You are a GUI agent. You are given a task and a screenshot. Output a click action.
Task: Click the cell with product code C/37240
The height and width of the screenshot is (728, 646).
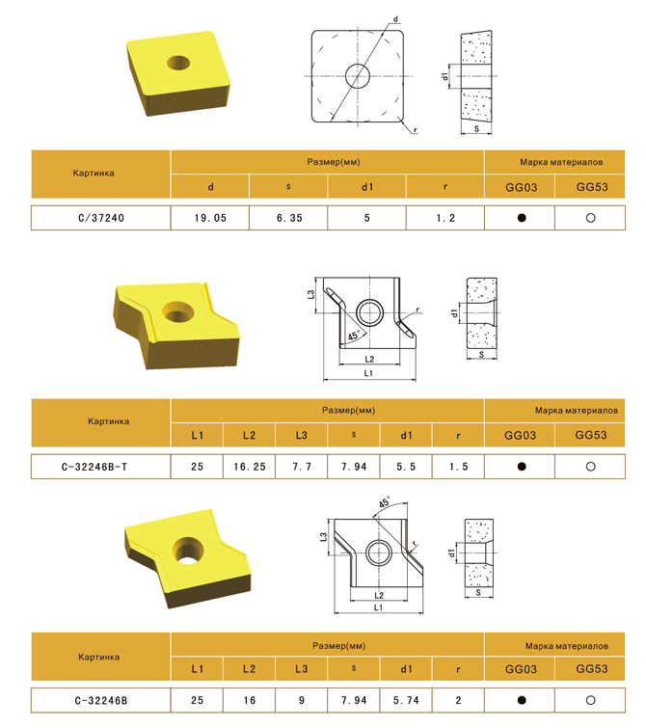(x=101, y=218)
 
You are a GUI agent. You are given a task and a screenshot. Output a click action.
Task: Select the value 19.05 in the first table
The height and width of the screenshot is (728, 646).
(x=210, y=218)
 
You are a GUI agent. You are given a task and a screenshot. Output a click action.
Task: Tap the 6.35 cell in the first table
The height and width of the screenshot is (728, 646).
(x=289, y=218)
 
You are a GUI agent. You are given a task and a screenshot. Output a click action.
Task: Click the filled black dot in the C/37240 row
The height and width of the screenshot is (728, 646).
(x=522, y=218)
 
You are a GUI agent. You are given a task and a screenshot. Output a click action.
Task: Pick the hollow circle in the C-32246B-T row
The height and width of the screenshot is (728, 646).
(x=590, y=467)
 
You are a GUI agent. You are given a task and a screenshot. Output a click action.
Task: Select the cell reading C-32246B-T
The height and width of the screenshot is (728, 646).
(x=101, y=467)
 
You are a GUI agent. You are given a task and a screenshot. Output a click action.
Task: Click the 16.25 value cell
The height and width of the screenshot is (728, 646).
(x=250, y=467)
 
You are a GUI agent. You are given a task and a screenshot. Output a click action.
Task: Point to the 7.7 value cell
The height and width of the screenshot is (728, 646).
(x=302, y=467)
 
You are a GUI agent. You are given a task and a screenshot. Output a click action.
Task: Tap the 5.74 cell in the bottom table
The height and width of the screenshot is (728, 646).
(x=406, y=700)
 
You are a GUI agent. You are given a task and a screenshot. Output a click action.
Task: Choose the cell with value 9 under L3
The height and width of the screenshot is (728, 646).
(x=302, y=700)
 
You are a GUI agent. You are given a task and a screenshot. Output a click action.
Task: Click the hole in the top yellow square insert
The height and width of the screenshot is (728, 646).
(x=178, y=63)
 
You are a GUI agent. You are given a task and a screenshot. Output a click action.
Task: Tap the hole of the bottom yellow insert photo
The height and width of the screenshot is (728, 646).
(x=188, y=552)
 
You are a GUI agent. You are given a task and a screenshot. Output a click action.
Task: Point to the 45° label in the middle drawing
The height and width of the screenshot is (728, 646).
(x=354, y=335)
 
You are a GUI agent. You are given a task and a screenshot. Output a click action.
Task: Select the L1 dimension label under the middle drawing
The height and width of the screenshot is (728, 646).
(x=368, y=373)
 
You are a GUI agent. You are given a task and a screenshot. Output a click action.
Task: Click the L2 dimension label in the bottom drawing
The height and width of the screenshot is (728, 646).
(x=379, y=595)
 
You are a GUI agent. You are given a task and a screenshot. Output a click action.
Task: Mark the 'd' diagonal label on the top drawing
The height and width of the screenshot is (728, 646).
(x=395, y=19)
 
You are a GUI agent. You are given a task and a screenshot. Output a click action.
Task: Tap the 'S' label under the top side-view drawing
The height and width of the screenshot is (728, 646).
(x=476, y=129)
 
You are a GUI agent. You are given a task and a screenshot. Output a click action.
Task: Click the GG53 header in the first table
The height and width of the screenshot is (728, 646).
(x=592, y=187)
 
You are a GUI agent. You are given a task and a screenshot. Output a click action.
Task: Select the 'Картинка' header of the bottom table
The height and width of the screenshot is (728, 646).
(x=99, y=657)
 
